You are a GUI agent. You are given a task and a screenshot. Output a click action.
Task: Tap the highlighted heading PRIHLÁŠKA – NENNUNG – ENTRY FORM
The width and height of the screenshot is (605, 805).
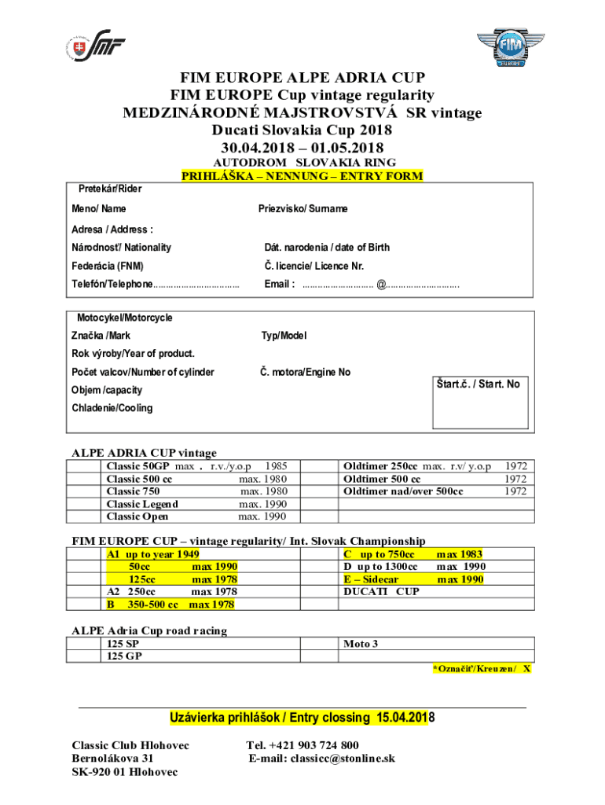302,176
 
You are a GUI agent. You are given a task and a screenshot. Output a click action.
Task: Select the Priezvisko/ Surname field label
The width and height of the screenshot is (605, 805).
302,209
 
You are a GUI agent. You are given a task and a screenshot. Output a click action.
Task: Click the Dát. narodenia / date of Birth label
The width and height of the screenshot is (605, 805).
326,247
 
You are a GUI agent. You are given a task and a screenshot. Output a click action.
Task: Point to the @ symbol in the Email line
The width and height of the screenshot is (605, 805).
381,285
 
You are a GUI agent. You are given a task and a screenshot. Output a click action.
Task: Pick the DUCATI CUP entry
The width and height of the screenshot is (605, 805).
381,592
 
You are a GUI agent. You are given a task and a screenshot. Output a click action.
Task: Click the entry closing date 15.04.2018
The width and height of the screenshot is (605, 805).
405,718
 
